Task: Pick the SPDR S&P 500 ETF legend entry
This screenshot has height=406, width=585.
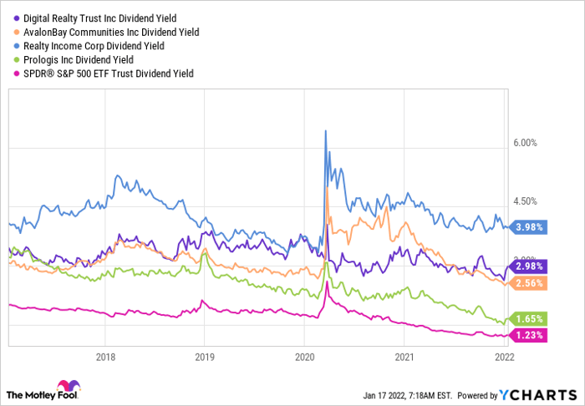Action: pyautogui.click(x=105, y=74)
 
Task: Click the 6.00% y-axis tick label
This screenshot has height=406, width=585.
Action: pyautogui.click(x=529, y=143)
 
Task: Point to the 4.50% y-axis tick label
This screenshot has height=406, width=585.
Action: pyautogui.click(x=529, y=201)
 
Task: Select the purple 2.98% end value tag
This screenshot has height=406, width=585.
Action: pyautogui.click(x=528, y=266)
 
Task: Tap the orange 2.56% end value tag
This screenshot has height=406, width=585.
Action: pyautogui.click(x=528, y=283)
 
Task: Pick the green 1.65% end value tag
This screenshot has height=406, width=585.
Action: pyautogui.click(x=528, y=319)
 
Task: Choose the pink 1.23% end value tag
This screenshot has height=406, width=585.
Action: pyautogui.click(x=528, y=335)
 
